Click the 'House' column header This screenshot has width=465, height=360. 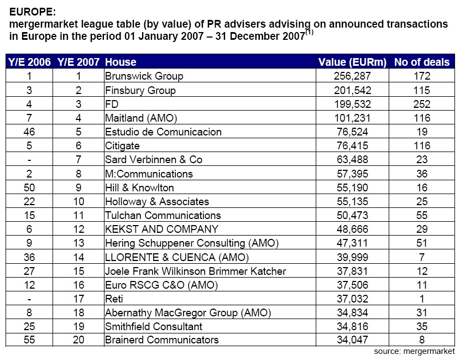click(x=121, y=62)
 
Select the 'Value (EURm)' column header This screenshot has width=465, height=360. click(x=353, y=62)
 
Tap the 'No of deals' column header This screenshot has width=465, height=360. click(x=422, y=62)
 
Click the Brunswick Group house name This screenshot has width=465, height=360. click(x=144, y=76)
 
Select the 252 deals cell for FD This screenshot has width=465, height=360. click(x=422, y=104)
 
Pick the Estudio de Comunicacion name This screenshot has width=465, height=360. click(x=163, y=132)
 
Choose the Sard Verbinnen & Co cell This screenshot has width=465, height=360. click(x=154, y=159)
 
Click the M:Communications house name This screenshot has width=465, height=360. click(x=149, y=174)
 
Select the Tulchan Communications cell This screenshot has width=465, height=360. click(x=163, y=215)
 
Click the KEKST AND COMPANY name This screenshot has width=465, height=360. click(x=162, y=229)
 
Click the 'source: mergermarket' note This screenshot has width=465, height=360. click(x=414, y=351)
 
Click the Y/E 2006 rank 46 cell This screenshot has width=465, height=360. click(x=29, y=132)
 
